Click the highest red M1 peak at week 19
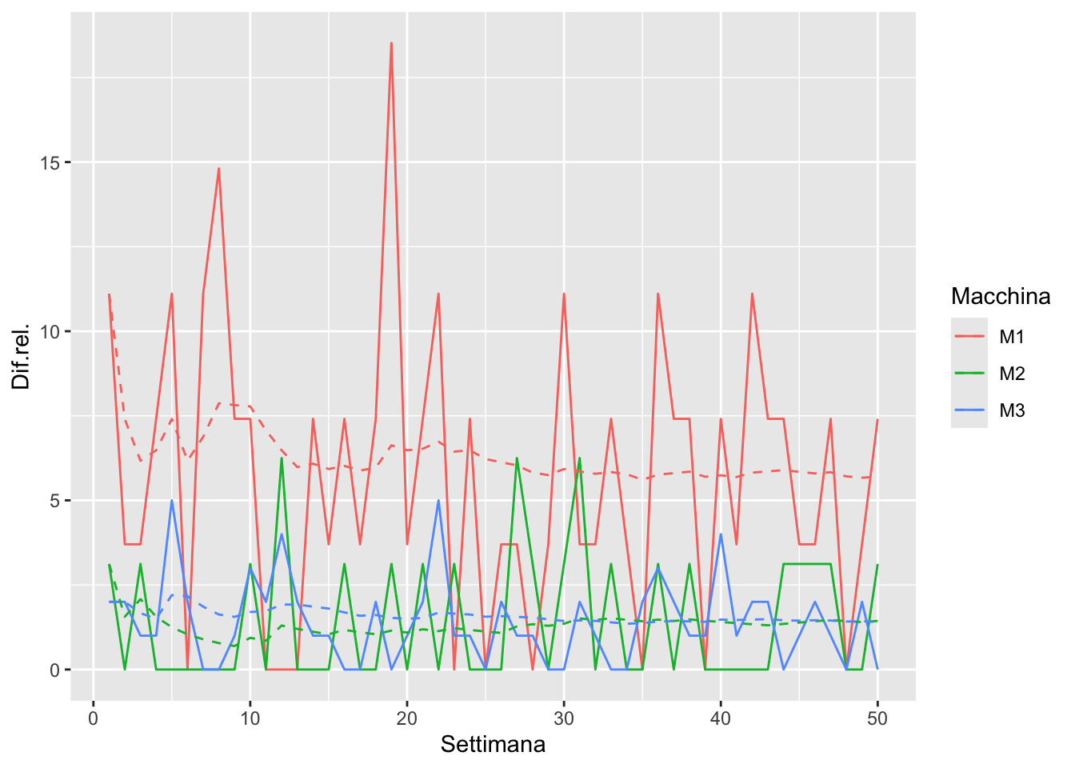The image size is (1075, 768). click(391, 43)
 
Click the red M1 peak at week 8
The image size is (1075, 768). click(218, 169)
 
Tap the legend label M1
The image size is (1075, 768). click(1012, 337)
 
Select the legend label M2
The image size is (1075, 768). click(1012, 374)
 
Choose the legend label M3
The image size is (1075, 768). click(1012, 410)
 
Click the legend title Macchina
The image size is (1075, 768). click(1001, 297)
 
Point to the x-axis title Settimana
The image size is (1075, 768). click(493, 745)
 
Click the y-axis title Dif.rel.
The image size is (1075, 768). click(22, 357)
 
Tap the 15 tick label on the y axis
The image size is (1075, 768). click(50, 162)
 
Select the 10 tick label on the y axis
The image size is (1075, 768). click(50, 331)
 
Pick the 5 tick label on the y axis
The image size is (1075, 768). click(54, 501)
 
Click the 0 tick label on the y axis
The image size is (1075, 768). click(54, 670)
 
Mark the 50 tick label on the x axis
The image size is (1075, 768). click(877, 718)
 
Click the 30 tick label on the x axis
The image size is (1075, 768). click(564, 718)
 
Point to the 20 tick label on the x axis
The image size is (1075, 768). click(407, 718)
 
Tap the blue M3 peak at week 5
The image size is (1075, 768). click(172, 501)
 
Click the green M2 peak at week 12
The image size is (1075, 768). click(282, 458)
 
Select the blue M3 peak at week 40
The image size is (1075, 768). click(721, 534)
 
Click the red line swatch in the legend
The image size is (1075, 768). click(969, 337)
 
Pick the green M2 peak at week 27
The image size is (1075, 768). click(517, 458)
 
